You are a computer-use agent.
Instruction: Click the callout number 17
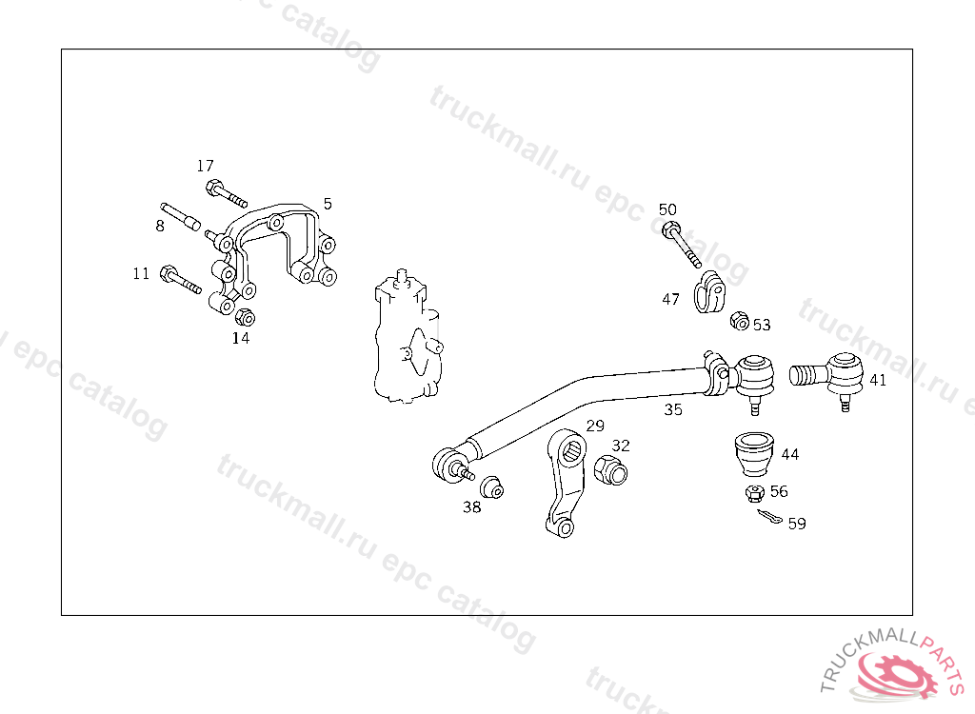(206, 166)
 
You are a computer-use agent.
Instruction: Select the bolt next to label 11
(180, 280)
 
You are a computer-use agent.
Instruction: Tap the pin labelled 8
(178, 215)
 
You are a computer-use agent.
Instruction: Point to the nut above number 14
(243, 317)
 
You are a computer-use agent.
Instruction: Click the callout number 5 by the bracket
(328, 204)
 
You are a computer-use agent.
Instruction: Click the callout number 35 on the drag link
(673, 410)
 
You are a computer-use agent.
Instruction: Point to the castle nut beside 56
(755, 493)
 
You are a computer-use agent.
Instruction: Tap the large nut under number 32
(609, 469)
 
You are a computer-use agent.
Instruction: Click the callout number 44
(789, 454)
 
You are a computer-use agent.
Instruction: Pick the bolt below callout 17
(225, 193)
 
